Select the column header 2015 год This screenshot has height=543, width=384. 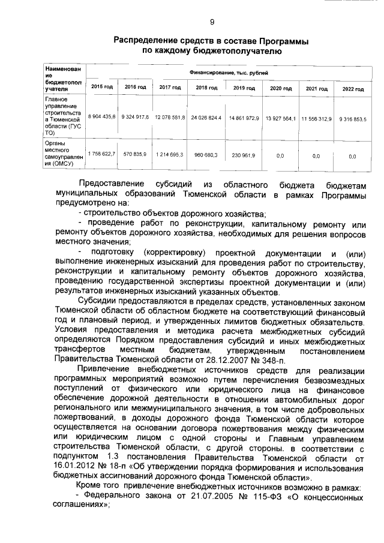pos(101,88)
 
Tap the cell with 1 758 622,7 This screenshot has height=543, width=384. pos(101,154)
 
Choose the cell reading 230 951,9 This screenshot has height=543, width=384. pos(243,155)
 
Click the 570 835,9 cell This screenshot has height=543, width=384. pos(135,154)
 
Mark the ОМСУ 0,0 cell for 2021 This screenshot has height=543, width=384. pos(316,155)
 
